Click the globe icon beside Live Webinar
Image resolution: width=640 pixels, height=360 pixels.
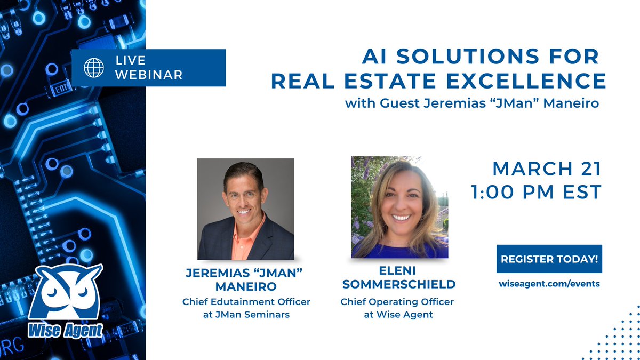coord(94,68)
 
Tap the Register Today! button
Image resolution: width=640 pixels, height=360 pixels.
coord(549,259)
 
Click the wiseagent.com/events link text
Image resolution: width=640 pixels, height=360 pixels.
coord(549,284)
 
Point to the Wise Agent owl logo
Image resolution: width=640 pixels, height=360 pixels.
coord(65,292)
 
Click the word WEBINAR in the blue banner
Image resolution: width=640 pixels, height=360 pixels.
coord(149,75)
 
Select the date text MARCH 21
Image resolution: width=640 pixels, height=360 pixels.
coord(547,169)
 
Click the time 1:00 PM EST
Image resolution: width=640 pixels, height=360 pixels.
coord(537,192)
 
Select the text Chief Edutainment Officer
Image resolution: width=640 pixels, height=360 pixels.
coord(246,302)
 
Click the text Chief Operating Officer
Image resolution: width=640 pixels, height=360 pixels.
coord(397,302)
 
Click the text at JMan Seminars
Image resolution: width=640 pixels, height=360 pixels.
coord(246,315)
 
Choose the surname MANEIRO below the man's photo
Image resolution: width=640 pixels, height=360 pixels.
coord(246,286)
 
